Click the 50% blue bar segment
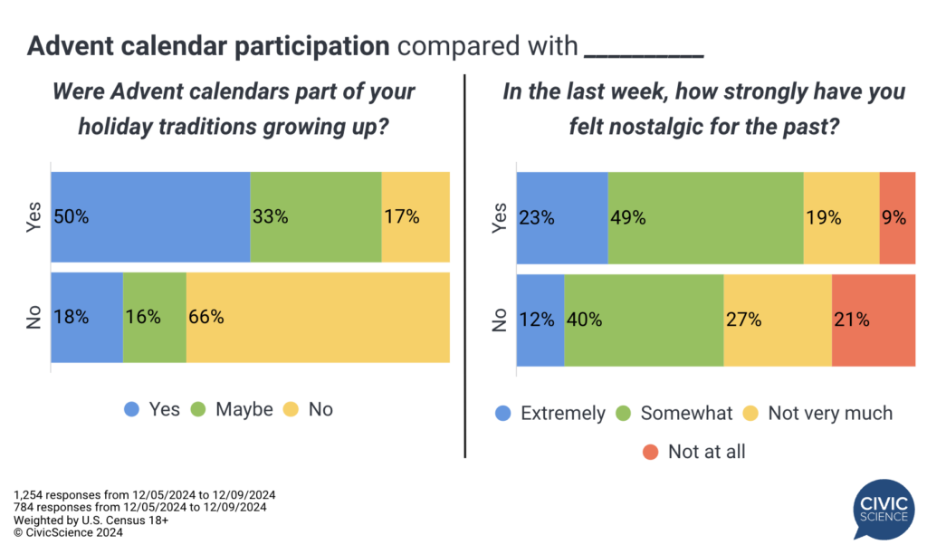click(x=150, y=216)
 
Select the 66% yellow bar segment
click(x=318, y=318)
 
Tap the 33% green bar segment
click(x=315, y=216)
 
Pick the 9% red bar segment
click(x=897, y=217)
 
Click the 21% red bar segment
click(x=873, y=320)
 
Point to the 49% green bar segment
click(x=705, y=217)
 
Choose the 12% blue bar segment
click(x=540, y=320)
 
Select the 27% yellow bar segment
click(x=777, y=320)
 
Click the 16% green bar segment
click(x=154, y=318)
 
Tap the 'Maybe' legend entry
click(x=233, y=409)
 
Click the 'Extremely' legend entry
click(x=551, y=414)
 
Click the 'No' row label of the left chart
click(x=34, y=318)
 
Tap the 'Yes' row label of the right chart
click(x=499, y=217)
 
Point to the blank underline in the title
click(x=644, y=47)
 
